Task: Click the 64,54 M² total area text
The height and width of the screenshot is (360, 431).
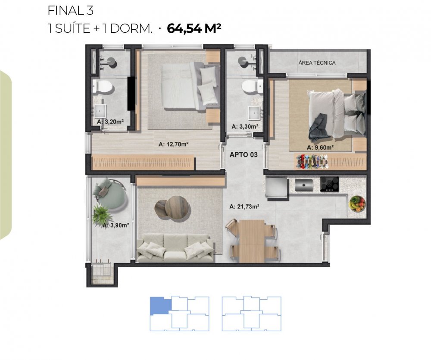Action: (x=194, y=28)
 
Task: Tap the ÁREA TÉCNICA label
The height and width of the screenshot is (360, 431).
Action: (x=317, y=63)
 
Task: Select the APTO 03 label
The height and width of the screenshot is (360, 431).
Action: (x=244, y=155)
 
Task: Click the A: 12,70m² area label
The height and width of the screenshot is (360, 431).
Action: (x=173, y=144)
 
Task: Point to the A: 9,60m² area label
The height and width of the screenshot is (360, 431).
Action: (x=320, y=148)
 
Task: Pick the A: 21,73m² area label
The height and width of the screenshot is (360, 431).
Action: (x=244, y=207)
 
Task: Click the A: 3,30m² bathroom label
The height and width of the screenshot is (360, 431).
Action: (x=245, y=126)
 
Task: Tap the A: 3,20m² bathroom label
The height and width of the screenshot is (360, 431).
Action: (x=110, y=122)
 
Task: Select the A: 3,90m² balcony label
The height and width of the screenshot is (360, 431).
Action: (x=116, y=225)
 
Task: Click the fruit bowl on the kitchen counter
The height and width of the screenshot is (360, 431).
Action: (x=357, y=204)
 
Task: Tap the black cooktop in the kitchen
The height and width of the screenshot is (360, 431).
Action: (x=329, y=184)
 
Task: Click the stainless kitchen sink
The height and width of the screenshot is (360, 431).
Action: (x=304, y=185)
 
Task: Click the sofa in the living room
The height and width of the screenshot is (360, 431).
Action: (x=175, y=247)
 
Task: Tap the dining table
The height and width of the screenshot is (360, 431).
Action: (x=252, y=241)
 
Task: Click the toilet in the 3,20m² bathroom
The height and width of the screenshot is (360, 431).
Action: (x=102, y=86)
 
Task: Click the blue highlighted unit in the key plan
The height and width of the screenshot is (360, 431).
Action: (x=160, y=306)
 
